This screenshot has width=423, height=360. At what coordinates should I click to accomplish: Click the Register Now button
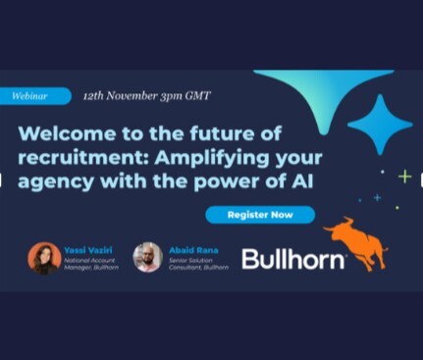[260, 214]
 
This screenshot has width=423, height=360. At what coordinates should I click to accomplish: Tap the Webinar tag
[35, 96]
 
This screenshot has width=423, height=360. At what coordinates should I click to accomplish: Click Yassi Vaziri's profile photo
[44, 257]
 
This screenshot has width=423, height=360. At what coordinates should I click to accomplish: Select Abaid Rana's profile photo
[147, 257]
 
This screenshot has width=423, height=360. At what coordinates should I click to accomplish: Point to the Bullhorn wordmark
[293, 259]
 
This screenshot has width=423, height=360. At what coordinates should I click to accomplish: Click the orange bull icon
[355, 241]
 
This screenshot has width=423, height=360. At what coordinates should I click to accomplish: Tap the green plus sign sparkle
[404, 177]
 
